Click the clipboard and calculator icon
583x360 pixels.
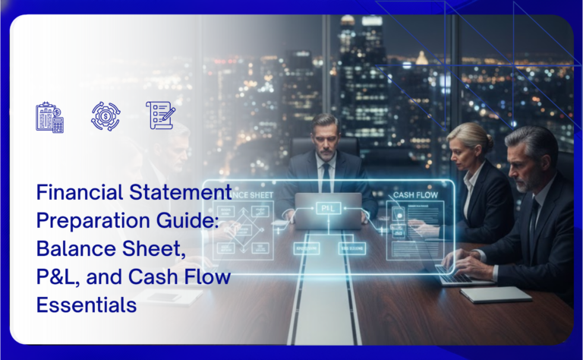tap(49, 117)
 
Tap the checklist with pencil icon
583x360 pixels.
tap(159, 115)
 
